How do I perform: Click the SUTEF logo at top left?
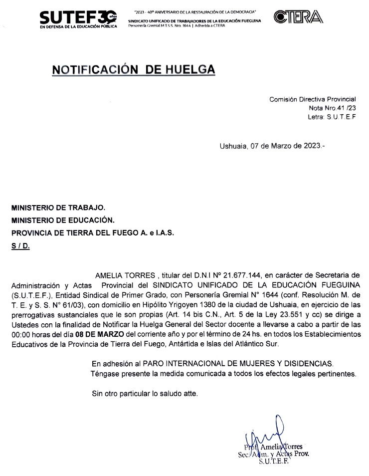(79, 19)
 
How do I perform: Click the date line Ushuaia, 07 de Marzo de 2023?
(272, 146)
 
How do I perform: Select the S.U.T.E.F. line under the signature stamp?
(273, 462)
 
